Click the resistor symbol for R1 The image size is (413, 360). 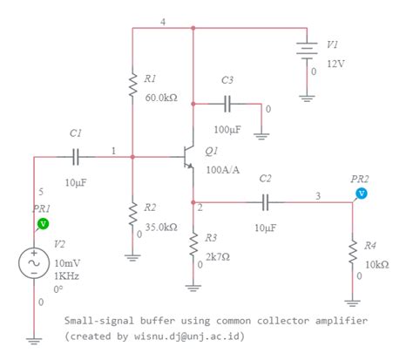[x=132, y=86]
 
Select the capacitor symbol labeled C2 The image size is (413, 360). [x=267, y=202]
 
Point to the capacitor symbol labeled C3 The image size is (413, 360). [x=228, y=104]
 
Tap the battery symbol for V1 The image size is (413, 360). [x=305, y=51]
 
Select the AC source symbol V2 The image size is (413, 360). [x=36, y=262]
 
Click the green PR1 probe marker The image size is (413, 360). [x=42, y=224]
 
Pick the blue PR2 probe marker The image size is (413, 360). [x=362, y=193]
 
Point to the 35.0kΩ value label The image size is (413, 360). [x=160, y=226]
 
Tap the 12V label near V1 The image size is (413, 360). [x=335, y=65]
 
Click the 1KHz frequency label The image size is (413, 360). [x=67, y=275]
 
